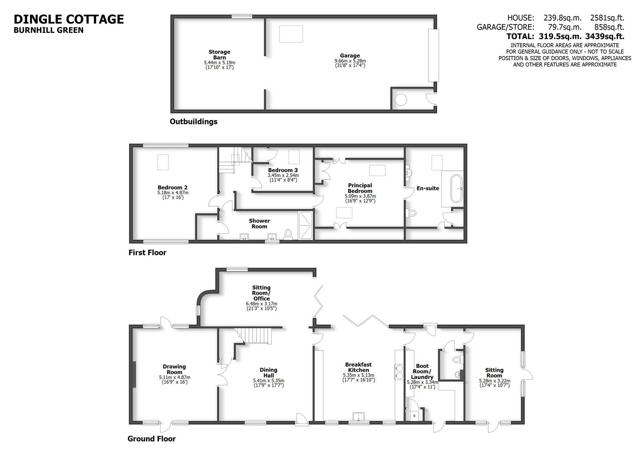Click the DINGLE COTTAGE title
tap(69, 19)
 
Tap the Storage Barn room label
tap(219, 55)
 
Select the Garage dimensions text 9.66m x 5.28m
tap(350, 61)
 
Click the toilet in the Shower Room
tap(288, 233)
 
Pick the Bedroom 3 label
tap(283, 170)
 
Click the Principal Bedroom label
tap(360, 188)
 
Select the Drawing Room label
tap(174, 369)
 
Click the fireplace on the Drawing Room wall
tap(134, 375)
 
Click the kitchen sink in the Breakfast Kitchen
tap(359, 417)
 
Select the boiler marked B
tap(415, 416)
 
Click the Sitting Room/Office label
tap(261, 293)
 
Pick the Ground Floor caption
tap(152, 439)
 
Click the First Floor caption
tap(147, 253)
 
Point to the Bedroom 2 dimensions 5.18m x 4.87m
tap(173, 193)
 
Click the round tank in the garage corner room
tap(401, 100)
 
